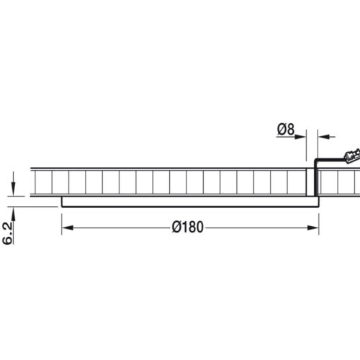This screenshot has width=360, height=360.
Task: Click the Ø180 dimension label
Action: point(188,227)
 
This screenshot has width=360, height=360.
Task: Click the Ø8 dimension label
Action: point(286,130)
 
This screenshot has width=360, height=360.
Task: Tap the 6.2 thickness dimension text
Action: point(7,233)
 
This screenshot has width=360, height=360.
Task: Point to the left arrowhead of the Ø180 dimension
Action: point(68,228)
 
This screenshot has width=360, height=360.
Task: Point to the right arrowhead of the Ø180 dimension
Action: point(313,228)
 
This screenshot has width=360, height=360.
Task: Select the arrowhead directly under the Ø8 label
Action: point(300,137)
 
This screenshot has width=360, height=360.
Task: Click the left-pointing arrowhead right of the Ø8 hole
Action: point(323,137)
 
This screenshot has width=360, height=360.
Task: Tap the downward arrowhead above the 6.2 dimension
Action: point(13,190)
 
